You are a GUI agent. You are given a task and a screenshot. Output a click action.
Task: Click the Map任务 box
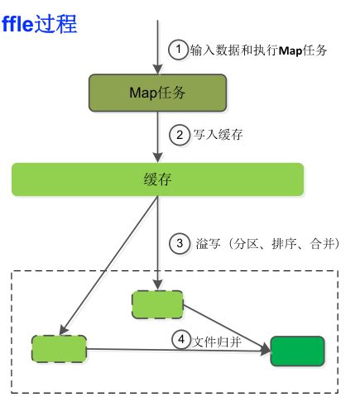tap(157, 93)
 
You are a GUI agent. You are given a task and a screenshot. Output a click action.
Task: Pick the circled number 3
tap(180, 244)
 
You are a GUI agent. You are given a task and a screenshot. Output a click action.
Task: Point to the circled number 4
tap(181, 339)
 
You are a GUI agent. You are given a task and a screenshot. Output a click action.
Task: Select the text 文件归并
tap(218, 340)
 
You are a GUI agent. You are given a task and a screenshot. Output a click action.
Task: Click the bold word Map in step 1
tap(290, 50)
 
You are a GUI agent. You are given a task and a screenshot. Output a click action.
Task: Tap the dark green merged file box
tap(296, 351)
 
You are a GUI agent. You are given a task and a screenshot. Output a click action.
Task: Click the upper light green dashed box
tap(157, 303)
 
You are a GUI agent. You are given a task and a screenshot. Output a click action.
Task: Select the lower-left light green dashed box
tap(59, 348)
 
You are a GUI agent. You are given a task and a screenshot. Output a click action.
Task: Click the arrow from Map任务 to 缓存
tap(157, 136)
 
